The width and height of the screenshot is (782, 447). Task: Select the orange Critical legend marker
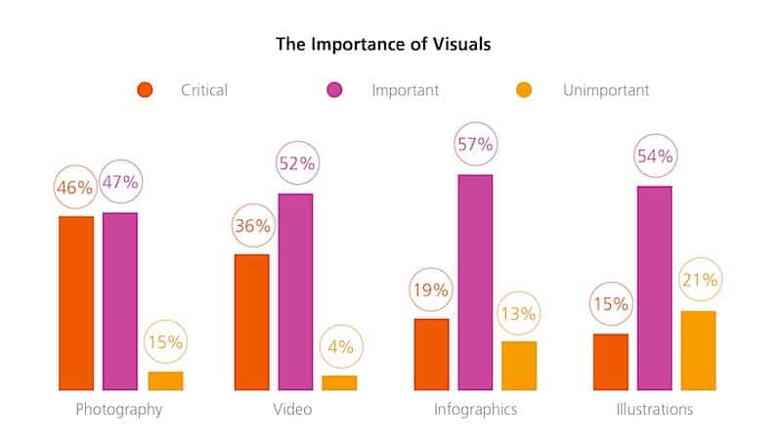(146, 91)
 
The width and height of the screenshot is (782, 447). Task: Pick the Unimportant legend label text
(606, 91)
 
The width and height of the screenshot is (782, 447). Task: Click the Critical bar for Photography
(76, 303)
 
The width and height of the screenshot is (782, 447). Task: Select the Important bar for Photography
(120, 301)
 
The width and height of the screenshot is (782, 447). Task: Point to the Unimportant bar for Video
(339, 382)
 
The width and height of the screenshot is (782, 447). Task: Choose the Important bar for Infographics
(475, 283)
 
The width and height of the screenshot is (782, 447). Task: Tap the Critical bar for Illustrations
(611, 362)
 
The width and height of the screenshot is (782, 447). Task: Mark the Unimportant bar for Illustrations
(698, 350)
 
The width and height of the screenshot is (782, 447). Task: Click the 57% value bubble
(476, 145)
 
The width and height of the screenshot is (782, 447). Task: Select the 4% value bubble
(340, 346)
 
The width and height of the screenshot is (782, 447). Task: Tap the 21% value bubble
(698, 280)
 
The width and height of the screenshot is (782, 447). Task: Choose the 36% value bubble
(252, 226)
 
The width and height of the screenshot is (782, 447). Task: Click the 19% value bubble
(431, 290)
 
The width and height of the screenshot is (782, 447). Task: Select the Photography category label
(119, 409)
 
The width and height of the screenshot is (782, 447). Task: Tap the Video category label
(292, 409)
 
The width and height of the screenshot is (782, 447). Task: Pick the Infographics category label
(475, 409)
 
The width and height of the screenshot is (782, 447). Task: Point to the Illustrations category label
(654, 409)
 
